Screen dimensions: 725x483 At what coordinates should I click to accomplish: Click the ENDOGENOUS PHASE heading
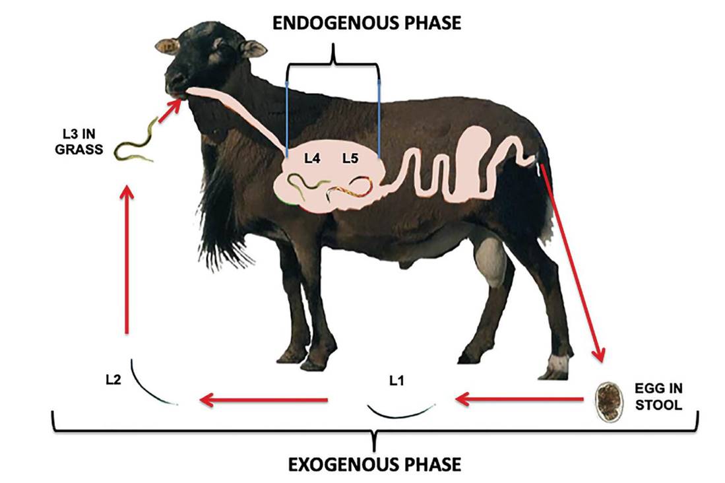tap(367, 24)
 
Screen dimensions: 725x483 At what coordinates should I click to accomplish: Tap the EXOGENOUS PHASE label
tap(375, 463)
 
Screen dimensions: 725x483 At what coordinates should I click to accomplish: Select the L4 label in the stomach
tap(313, 158)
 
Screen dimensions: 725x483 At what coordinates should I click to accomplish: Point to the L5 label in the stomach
tap(350, 158)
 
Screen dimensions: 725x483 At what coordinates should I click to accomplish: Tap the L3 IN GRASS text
tap(79, 143)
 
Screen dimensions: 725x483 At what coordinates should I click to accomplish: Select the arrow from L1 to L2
tap(264, 399)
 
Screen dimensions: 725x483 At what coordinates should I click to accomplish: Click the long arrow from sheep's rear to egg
tap(571, 264)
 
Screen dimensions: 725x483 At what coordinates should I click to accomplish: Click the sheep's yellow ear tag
tap(168, 47)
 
